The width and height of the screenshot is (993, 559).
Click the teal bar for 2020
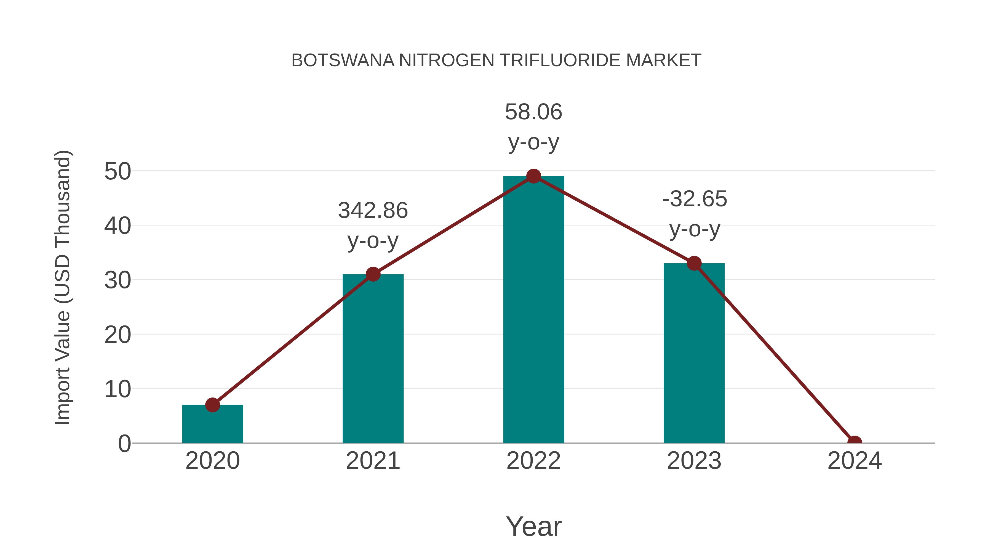212,424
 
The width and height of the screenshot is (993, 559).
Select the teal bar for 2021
373,359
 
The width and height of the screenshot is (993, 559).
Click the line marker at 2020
212,405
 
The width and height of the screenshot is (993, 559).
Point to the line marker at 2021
373,274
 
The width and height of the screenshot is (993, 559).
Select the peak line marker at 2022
533,176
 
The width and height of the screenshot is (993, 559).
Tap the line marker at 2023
694,264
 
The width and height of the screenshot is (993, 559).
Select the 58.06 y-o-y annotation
533,127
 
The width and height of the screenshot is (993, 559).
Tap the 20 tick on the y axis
118,335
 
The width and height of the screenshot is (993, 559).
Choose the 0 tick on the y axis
124,444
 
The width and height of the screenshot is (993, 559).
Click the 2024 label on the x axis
855,461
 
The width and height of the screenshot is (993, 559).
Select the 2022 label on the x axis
533,461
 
